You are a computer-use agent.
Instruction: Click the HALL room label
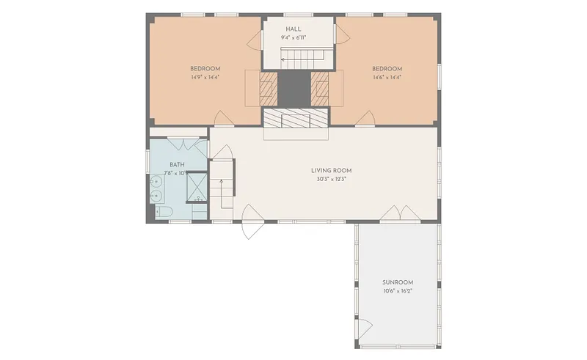[x=293, y=29]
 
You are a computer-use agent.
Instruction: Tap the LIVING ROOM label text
[x=332, y=171]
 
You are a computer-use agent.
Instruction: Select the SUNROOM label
[x=398, y=282]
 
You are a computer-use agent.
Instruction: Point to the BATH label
[x=177, y=165]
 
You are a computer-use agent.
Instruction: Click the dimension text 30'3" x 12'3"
[x=332, y=179]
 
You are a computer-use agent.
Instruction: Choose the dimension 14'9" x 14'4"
[x=205, y=78]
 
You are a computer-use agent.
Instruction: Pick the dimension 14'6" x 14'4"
[x=387, y=78]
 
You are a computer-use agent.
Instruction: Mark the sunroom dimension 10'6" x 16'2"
[x=398, y=291]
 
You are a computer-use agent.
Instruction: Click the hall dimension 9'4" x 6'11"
[x=293, y=38]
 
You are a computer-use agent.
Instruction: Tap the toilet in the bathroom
[x=164, y=212]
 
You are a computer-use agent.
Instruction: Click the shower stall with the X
[x=197, y=186]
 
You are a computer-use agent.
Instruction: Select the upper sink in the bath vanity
[x=156, y=183]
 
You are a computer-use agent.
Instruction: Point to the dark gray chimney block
[x=294, y=88]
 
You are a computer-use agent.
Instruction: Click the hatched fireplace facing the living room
[x=296, y=119]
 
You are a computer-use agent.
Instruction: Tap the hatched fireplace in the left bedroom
[x=269, y=88]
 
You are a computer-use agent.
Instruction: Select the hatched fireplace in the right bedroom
[x=320, y=88]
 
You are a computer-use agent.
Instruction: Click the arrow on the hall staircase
[x=302, y=59]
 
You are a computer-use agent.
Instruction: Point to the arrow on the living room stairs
[x=222, y=194]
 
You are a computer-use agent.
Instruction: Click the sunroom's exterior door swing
[x=363, y=328]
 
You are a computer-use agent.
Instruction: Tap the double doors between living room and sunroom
[x=401, y=213]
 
